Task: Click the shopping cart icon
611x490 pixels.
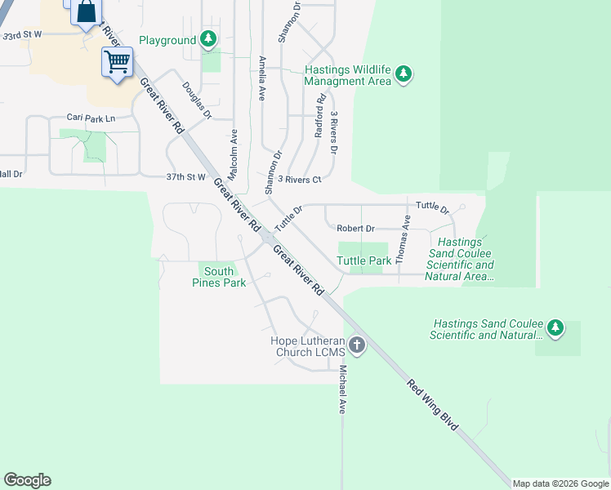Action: pos(117,61)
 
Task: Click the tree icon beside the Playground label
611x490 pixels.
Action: pos(208,38)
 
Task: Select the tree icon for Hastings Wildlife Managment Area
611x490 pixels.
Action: pos(403,74)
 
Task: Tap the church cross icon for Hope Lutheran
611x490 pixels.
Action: pos(356,345)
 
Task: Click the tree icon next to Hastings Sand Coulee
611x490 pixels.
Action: pos(555,328)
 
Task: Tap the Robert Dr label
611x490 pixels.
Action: pos(355,229)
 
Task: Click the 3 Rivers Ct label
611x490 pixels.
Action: pos(300,179)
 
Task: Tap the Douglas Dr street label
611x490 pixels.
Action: pos(197,100)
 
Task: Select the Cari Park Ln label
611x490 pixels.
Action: pos(91,118)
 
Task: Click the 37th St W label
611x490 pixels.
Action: pos(185,176)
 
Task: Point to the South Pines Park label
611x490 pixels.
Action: pos(219,277)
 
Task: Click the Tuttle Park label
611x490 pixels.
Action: pos(363,261)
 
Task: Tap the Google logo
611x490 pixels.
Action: pos(27,480)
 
